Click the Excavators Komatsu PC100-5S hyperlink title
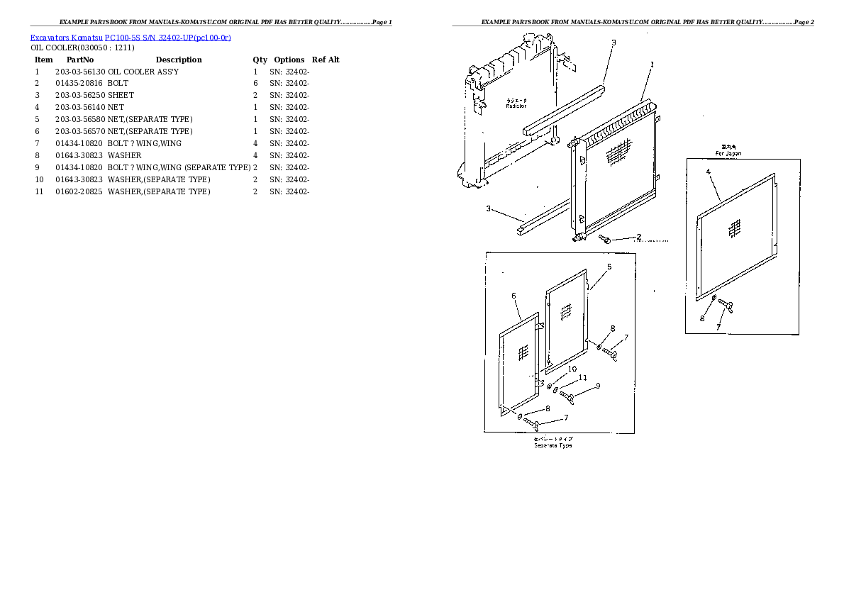(131, 37)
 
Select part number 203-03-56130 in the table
(79, 72)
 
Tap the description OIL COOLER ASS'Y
(143, 72)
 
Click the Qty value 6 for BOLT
(255, 84)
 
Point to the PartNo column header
(80, 60)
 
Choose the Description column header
(179, 60)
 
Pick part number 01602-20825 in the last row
(79, 191)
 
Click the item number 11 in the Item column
(40, 191)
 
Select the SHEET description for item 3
(121, 96)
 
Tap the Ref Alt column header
(326, 60)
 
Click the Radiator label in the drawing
(516, 106)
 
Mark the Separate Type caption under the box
(553, 445)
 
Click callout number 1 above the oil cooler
(652, 65)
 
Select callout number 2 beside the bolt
(638, 237)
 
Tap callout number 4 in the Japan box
(708, 172)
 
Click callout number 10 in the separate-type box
(572, 369)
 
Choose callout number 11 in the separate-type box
(582, 378)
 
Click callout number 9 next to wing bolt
(598, 386)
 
